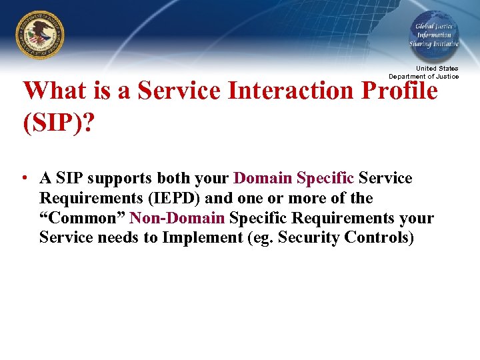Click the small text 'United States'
point(437,69)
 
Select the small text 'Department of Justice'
point(424,76)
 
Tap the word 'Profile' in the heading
point(403,91)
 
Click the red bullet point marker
point(24,179)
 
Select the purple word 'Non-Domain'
point(177,219)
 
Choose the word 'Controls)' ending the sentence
point(379,238)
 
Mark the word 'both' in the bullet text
point(175,179)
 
